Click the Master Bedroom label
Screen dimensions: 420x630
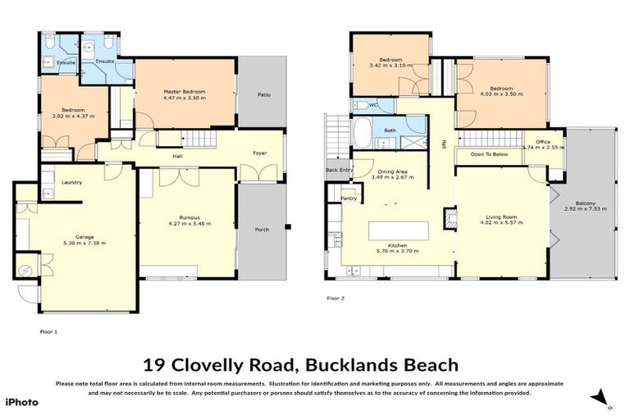click(x=184, y=91)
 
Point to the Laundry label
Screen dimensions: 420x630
click(x=71, y=182)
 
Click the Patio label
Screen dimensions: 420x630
click(x=263, y=95)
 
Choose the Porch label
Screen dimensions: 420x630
click(x=262, y=230)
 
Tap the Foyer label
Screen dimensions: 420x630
click(x=259, y=153)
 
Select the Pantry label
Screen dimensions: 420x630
click(x=349, y=198)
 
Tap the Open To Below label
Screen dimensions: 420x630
click(x=489, y=153)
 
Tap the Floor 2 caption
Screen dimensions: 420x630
click(x=336, y=299)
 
